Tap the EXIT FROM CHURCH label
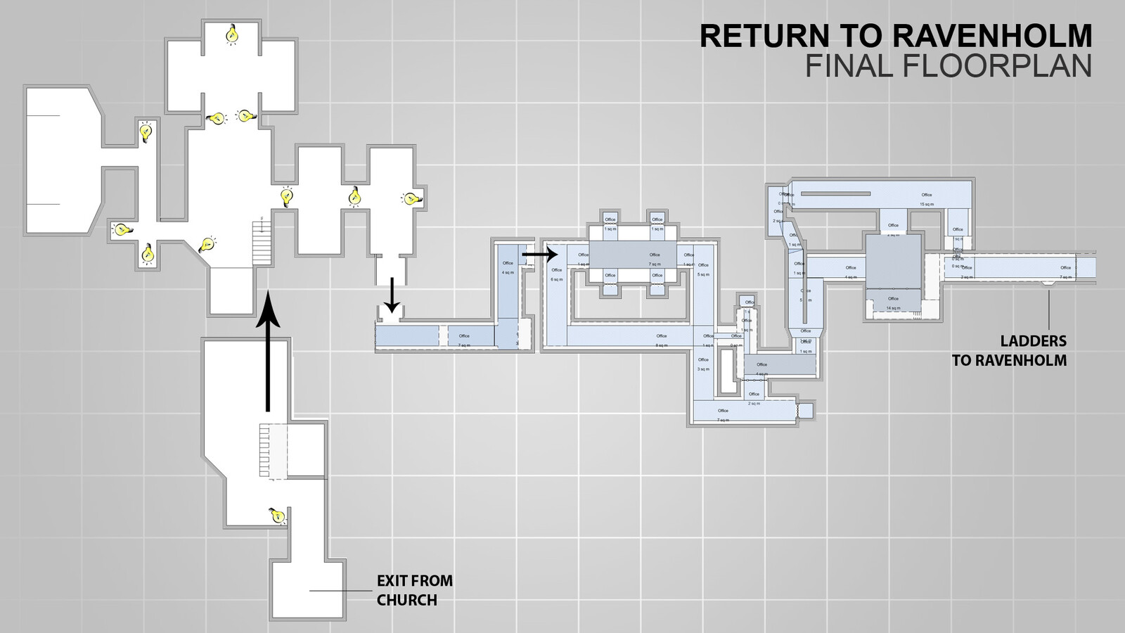[414, 590]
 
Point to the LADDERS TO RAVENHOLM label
[1010, 350]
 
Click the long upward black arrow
[267, 352]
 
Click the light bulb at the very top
[231, 33]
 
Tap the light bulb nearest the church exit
[277, 516]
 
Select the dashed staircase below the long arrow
[273, 451]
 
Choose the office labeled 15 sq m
[926, 199]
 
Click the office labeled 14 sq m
[893, 303]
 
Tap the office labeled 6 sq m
[557, 274]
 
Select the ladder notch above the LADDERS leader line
[1048, 283]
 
